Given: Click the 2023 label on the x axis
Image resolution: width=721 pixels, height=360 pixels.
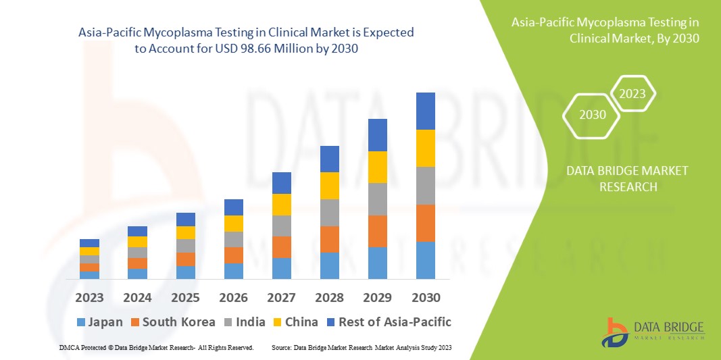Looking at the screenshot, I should (x=89, y=298).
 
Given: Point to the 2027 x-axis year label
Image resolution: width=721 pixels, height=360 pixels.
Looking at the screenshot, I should (x=282, y=298).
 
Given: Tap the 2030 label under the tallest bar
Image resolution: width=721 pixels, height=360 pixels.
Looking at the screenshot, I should (x=426, y=298).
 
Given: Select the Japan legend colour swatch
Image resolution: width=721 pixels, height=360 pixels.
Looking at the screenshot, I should (x=82, y=322).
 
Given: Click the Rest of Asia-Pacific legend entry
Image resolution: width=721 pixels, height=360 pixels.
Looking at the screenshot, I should (x=388, y=322).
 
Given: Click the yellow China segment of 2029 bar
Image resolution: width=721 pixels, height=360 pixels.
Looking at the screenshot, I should (x=378, y=167).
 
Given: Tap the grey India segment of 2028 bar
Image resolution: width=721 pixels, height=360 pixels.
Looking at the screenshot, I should (x=330, y=212).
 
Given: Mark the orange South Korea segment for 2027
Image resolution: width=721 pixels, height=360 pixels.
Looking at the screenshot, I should (x=282, y=247).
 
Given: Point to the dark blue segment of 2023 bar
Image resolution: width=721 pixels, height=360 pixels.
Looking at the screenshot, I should (x=89, y=243).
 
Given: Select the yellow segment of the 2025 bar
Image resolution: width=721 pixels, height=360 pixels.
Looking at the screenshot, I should (x=185, y=232).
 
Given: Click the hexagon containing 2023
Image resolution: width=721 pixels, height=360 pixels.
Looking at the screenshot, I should (x=632, y=94).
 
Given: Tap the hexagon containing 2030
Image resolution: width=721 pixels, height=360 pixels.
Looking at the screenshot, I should (x=593, y=115).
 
